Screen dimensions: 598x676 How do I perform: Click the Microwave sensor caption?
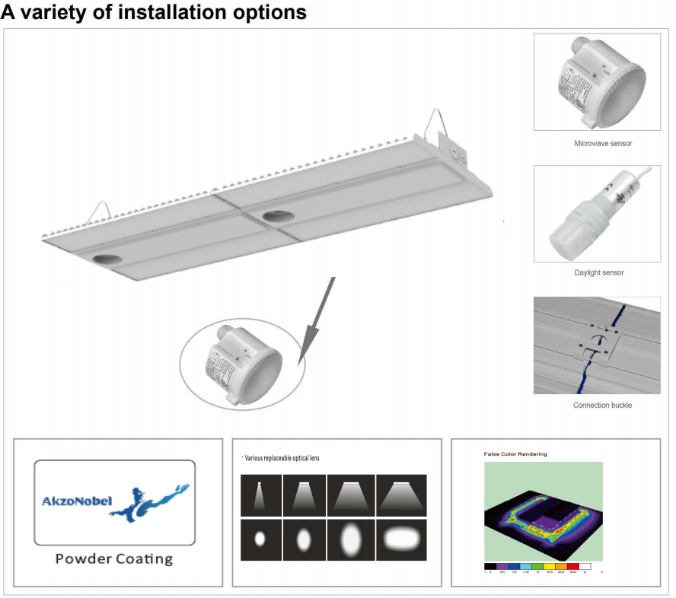[602, 143]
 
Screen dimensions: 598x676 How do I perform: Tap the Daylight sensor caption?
[602, 272]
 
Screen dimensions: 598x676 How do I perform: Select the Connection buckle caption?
[602, 405]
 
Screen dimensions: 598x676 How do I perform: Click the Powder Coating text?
[114, 558]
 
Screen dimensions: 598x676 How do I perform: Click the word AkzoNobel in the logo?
[75, 501]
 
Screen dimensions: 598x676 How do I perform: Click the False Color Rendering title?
[515, 454]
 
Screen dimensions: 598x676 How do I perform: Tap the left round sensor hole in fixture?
[107, 259]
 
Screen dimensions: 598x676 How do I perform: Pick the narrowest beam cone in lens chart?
[260, 495]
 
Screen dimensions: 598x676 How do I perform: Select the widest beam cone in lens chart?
[402, 495]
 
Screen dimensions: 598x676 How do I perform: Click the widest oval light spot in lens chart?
[402, 539]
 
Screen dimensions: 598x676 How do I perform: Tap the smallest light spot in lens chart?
[260, 539]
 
